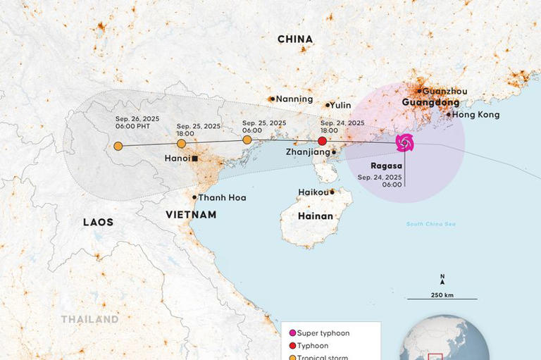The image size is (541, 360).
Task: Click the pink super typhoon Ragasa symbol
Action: click(x=404, y=143)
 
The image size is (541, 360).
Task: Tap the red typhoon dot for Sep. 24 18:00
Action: click(x=323, y=141)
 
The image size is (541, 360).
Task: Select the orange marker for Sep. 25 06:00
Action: click(x=247, y=139)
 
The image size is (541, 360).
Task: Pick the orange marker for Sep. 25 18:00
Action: click(x=181, y=144)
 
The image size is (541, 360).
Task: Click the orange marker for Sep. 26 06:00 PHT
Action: click(x=118, y=147)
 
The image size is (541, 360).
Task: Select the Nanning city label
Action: click(x=294, y=99)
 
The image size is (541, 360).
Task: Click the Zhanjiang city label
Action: click(x=308, y=151)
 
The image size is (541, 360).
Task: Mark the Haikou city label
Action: click(x=313, y=192)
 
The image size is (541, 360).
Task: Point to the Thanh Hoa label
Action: click(x=222, y=198)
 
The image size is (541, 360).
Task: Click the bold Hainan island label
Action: click(x=315, y=216)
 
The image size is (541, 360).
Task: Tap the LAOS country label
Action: click(x=98, y=222)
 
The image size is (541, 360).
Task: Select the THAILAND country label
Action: click(x=89, y=319)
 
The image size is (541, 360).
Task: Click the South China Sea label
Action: click(x=430, y=224)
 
